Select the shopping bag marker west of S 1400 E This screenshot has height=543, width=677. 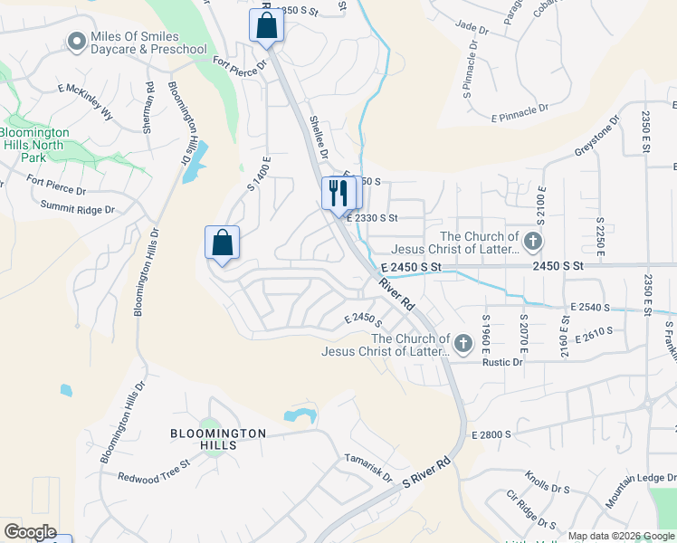(222, 243)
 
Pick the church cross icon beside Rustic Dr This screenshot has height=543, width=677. (463, 343)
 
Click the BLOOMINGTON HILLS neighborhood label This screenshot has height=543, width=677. (218, 433)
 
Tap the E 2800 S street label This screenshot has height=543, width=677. (491, 435)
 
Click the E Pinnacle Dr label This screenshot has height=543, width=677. (520, 111)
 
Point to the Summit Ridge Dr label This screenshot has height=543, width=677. (78, 209)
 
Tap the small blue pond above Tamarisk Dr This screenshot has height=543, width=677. (300, 416)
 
